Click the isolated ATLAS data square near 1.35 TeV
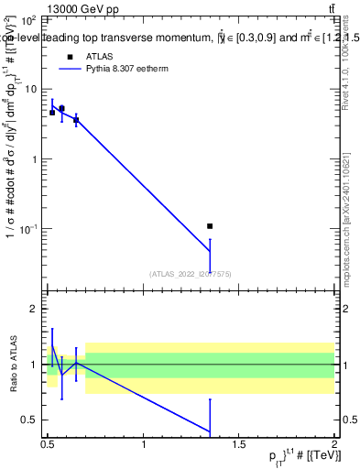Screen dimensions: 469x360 click(x=210, y=225)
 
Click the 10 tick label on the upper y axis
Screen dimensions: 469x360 click(x=32, y=89)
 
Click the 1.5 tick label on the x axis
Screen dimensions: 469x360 click(x=239, y=445)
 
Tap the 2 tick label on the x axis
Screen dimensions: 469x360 click(x=334, y=445)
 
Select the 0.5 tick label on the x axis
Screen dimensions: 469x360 click(x=48, y=445)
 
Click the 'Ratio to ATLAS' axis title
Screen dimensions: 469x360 click(x=13, y=365)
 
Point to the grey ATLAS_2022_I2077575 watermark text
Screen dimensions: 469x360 click(x=191, y=273)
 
